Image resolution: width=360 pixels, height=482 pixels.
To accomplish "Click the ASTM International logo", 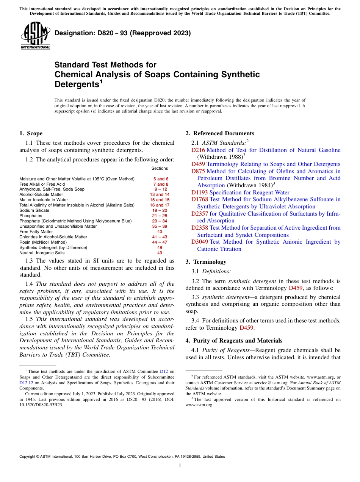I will click(35, 35).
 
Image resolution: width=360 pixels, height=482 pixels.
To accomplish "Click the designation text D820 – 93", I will click(122, 33).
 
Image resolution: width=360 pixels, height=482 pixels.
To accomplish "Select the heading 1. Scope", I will click(31, 133).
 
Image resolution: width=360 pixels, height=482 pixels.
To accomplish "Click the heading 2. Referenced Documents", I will click(220, 133).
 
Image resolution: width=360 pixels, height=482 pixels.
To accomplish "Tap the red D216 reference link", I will click(198, 150).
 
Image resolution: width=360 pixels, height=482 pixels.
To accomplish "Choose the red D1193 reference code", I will click(200, 192).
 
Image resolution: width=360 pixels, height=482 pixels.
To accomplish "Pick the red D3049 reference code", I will click(200, 242).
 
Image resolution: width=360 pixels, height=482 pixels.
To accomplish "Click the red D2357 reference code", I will click(200, 214).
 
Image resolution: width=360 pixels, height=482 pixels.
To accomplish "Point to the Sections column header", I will click(160, 168).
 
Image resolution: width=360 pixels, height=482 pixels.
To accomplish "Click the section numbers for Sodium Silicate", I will click(160, 210).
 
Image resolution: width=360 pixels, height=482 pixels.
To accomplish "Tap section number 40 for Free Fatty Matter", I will click(160, 232).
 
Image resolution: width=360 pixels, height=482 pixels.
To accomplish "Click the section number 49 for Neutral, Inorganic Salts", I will click(160, 253).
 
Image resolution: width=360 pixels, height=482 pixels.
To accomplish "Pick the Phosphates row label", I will click(31, 216).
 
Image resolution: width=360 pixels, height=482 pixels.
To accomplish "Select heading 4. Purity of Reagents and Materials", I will click(234, 341).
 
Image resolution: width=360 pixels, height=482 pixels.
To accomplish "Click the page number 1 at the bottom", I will click(180, 466).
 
